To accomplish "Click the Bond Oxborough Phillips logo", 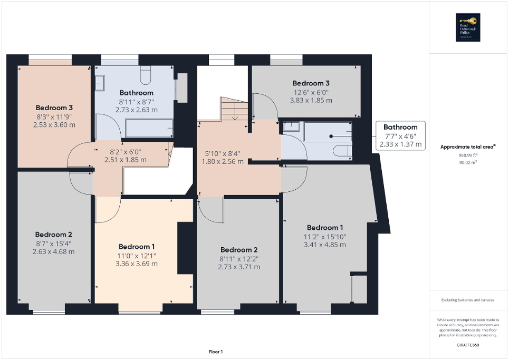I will point(468,27).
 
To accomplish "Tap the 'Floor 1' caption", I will point(215,352).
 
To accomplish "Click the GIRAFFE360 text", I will point(468,344).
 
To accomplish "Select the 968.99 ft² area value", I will point(468,155).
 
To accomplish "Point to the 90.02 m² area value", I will point(468,163).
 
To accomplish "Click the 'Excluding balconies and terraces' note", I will point(468,300).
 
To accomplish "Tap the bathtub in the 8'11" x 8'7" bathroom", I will point(149,127).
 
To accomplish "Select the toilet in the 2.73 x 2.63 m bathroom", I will point(146,75).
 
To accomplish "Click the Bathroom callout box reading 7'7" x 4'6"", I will point(400,135).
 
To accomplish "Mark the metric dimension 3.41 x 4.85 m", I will point(324,245).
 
